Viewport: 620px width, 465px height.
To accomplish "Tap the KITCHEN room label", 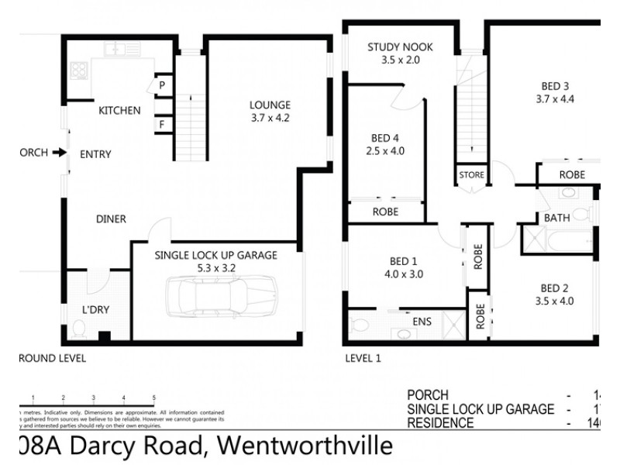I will pos(119,111).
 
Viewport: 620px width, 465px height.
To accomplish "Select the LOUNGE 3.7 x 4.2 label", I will pos(270,112).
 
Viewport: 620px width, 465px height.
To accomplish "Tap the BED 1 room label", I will pos(404,267).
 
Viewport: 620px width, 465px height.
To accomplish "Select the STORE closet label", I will pos(470,175).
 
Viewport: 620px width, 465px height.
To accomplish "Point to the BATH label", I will pos(556,218).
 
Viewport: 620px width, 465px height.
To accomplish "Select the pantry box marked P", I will pos(164,84).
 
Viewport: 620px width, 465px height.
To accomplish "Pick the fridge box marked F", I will pos(164,123).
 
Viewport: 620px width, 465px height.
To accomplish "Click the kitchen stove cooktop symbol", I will pos(79,71).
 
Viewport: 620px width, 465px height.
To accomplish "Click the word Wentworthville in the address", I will pos(305,446).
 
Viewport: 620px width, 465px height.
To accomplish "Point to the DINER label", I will pos(112,219).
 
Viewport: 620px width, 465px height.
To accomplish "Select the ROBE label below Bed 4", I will pos(385,210).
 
